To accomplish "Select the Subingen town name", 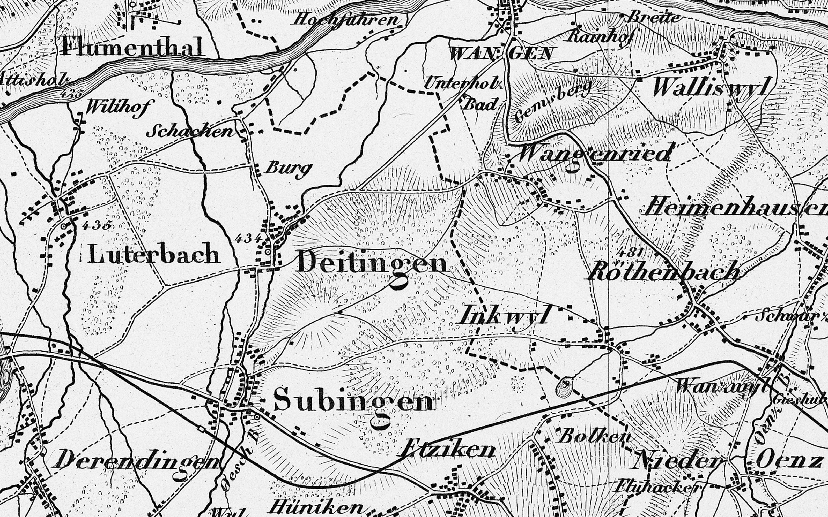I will point(354,401).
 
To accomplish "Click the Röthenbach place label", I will point(664,272).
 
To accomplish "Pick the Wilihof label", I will point(118,107).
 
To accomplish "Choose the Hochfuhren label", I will point(346,20).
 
